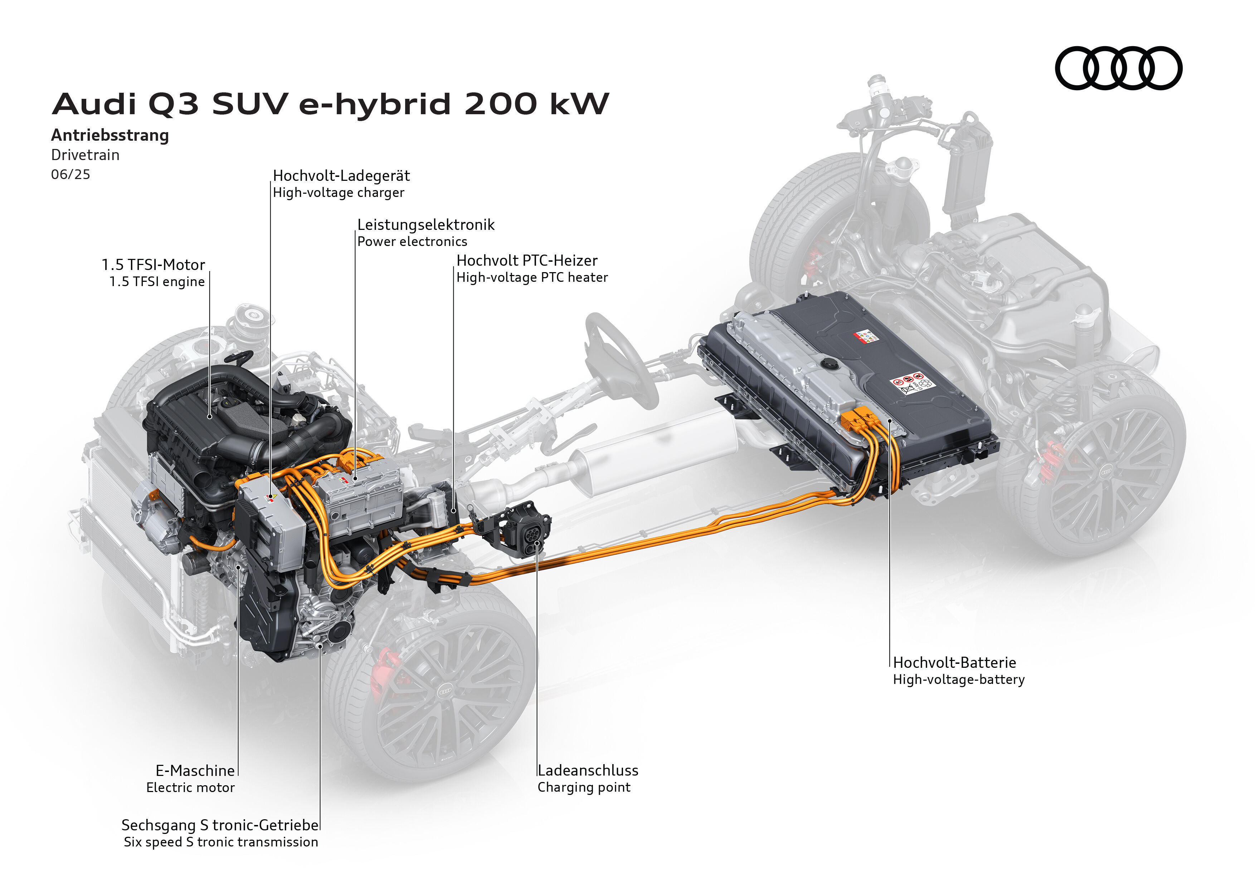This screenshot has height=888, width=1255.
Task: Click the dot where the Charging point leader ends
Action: coord(537,543)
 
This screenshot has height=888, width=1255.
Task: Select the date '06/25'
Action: coord(70,174)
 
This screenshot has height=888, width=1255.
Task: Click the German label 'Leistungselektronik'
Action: coord(426,225)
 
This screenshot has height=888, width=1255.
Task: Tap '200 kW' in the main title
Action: coord(537,103)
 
